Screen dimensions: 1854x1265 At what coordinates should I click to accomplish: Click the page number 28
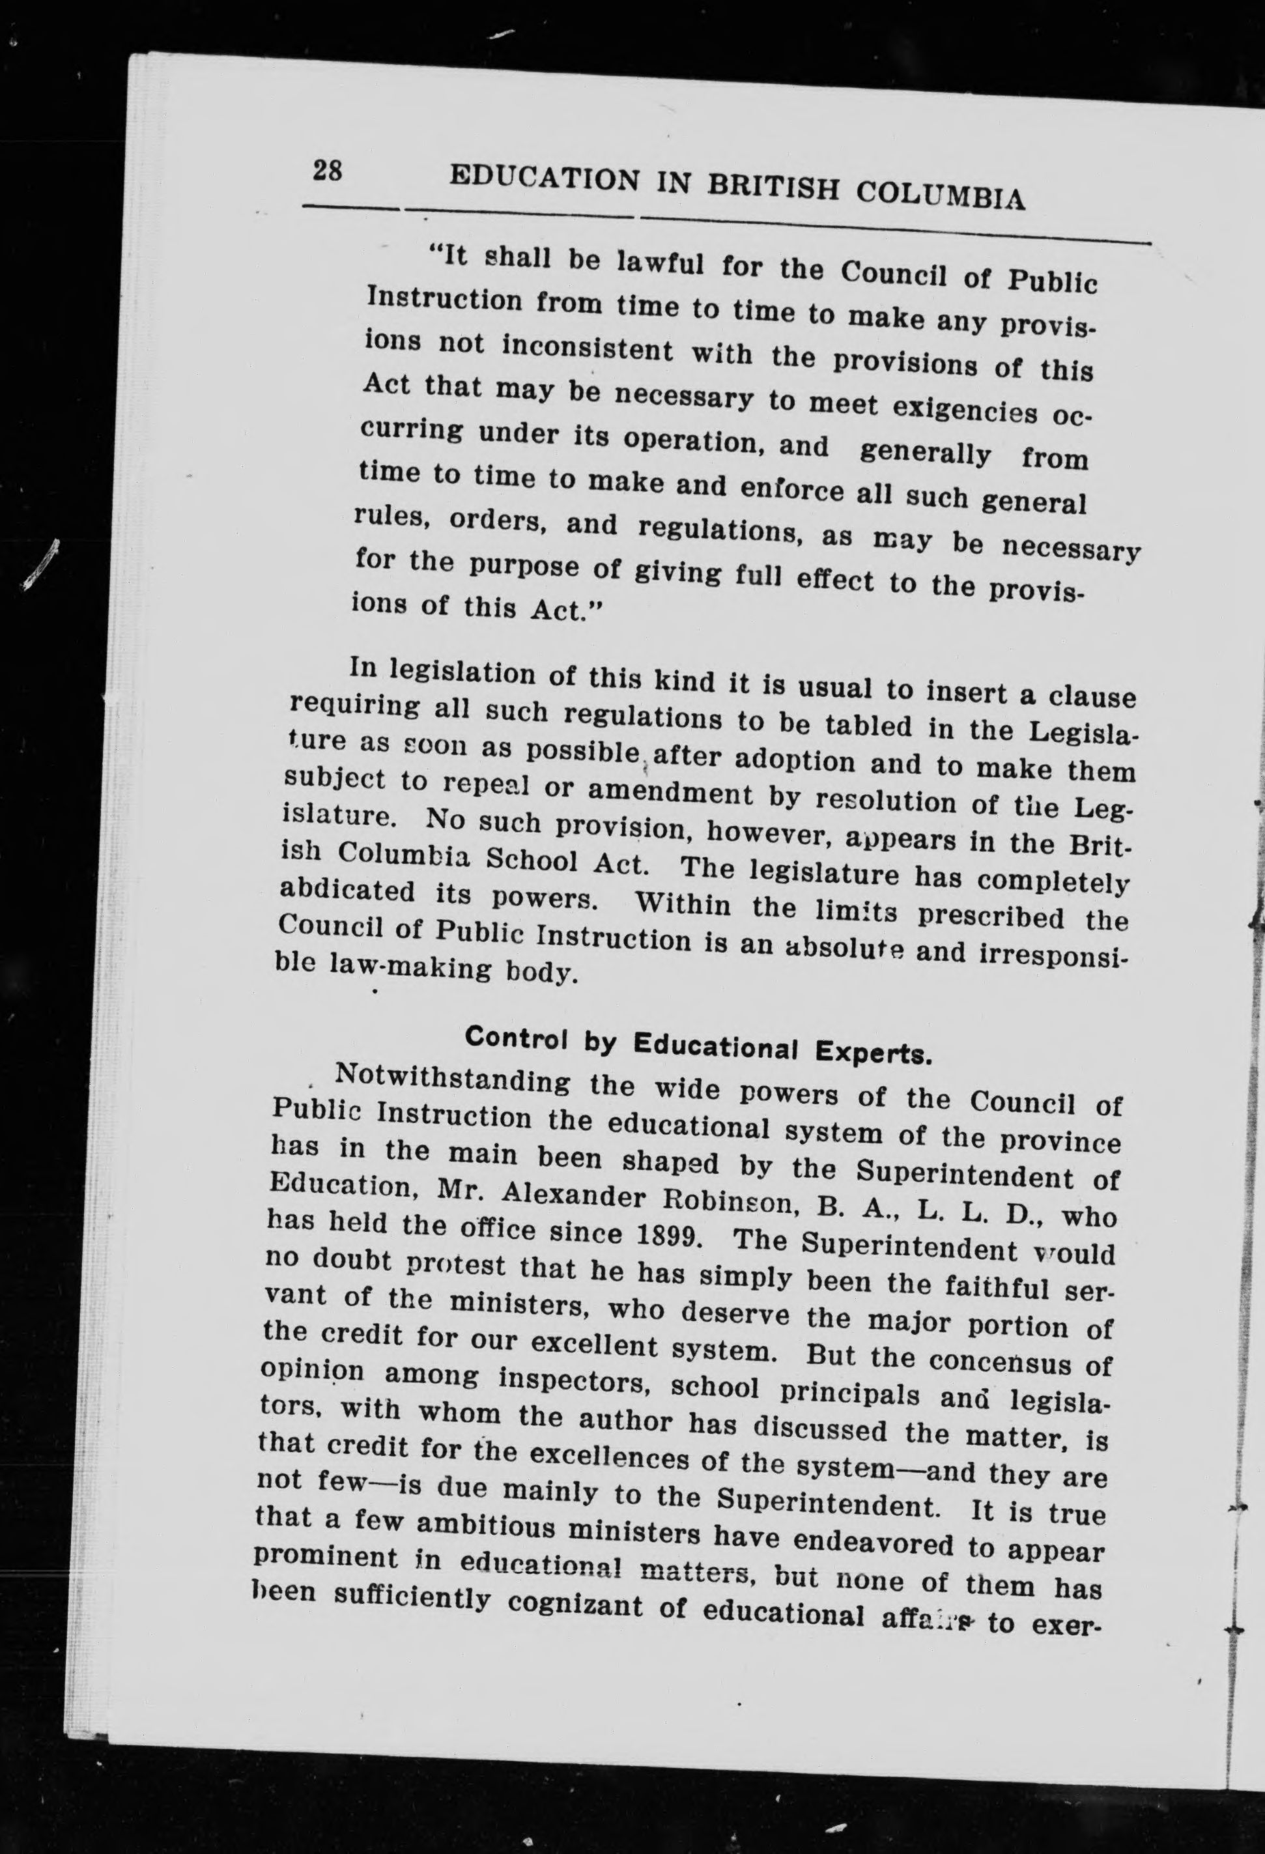click(x=328, y=171)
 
